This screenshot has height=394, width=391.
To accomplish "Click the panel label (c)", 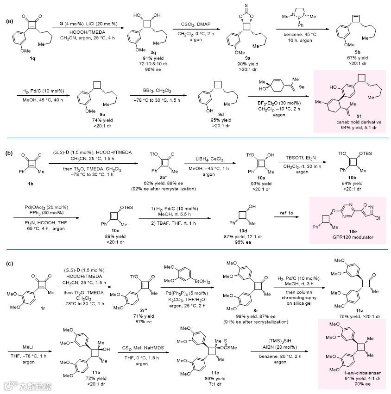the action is pyautogui.click(x=9, y=264).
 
